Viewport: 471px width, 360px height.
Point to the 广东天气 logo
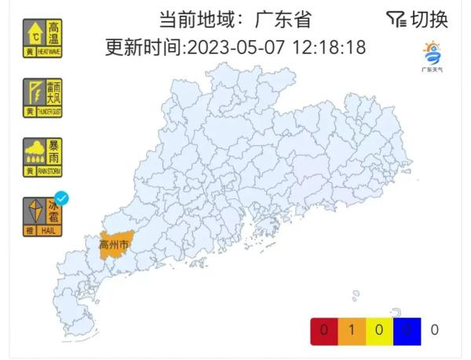point(432,56)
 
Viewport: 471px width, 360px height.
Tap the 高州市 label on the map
point(113,245)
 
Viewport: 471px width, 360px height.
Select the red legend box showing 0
point(324,329)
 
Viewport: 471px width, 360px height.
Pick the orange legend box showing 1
point(351,329)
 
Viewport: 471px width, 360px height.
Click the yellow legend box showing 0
point(379,329)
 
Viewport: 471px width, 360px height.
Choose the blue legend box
point(407,329)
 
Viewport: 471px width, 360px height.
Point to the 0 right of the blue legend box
point(434,329)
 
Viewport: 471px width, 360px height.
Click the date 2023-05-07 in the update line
point(233,48)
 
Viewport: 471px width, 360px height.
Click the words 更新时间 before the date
point(141,48)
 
